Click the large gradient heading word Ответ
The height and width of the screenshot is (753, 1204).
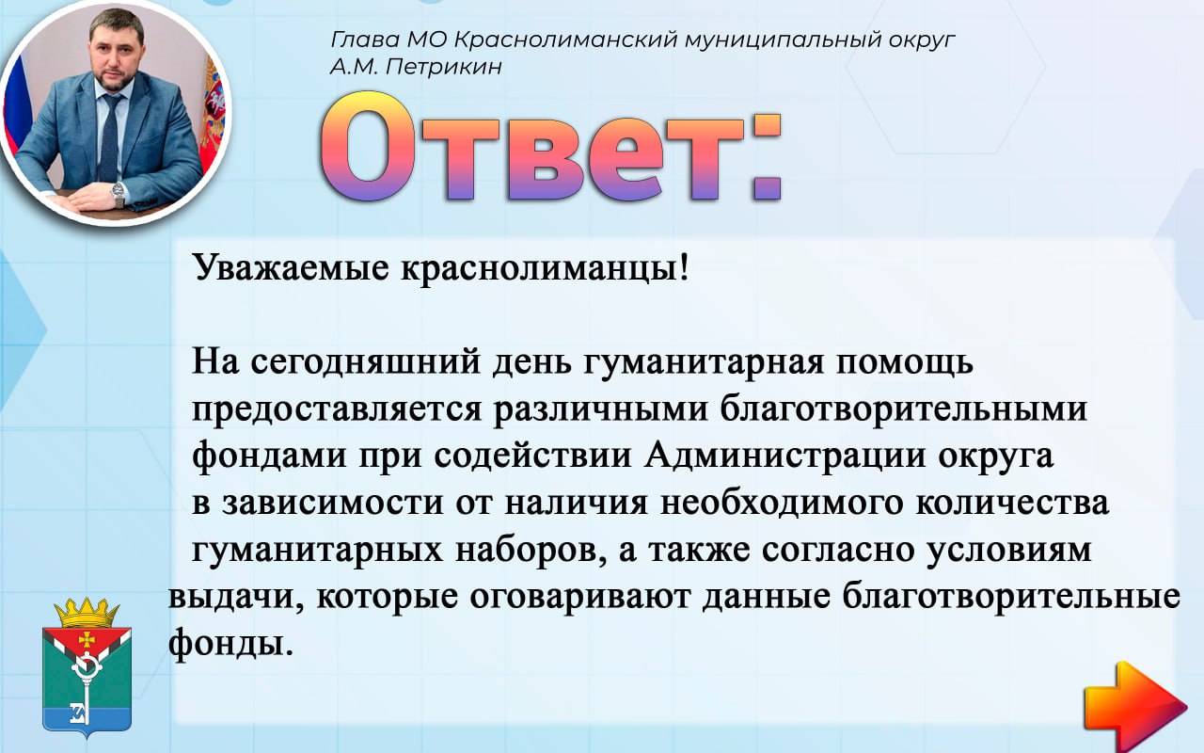click(x=550, y=147)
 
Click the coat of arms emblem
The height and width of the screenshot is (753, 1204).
click(x=87, y=667)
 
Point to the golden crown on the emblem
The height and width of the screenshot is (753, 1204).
click(x=87, y=612)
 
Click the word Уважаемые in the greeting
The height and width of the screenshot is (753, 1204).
click(x=291, y=267)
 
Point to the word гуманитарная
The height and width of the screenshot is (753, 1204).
click(x=703, y=363)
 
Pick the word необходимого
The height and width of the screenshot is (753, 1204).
click(x=782, y=503)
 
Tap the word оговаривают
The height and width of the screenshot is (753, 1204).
click(x=580, y=597)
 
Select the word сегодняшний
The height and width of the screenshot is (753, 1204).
click(x=365, y=363)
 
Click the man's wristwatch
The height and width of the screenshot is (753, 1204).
click(x=119, y=194)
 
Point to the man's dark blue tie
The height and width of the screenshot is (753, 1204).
click(x=110, y=138)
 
